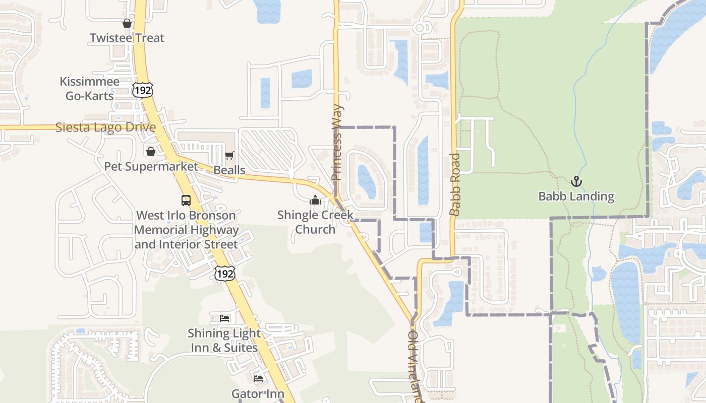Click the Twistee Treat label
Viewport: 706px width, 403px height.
(127, 38)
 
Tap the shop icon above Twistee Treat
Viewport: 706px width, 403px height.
(127, 23)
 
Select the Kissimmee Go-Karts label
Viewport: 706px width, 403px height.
(90, 88)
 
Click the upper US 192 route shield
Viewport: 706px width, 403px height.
(143, 90)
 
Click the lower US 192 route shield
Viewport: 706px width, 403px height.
(224, 274)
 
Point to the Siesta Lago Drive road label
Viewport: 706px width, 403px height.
(105, 127)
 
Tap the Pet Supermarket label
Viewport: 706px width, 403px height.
(151, 166)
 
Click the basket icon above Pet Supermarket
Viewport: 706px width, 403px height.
(151, 151)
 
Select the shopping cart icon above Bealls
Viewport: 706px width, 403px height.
(229, 155)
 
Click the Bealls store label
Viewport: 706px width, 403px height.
(229, 170)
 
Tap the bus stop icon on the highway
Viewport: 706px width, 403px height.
(186, 200)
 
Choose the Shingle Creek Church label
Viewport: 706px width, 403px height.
(315, 222)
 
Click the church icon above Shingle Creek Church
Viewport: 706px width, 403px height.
(315, 200)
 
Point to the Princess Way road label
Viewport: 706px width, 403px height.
(337, 143)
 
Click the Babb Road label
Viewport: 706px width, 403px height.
(455, 184)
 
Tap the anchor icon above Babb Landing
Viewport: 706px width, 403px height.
(576, 181)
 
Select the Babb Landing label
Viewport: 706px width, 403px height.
(576, 196)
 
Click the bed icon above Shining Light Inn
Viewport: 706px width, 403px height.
(225, 318)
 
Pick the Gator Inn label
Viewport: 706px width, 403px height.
(258, 393)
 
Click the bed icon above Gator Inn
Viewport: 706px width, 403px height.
(258, 379)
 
